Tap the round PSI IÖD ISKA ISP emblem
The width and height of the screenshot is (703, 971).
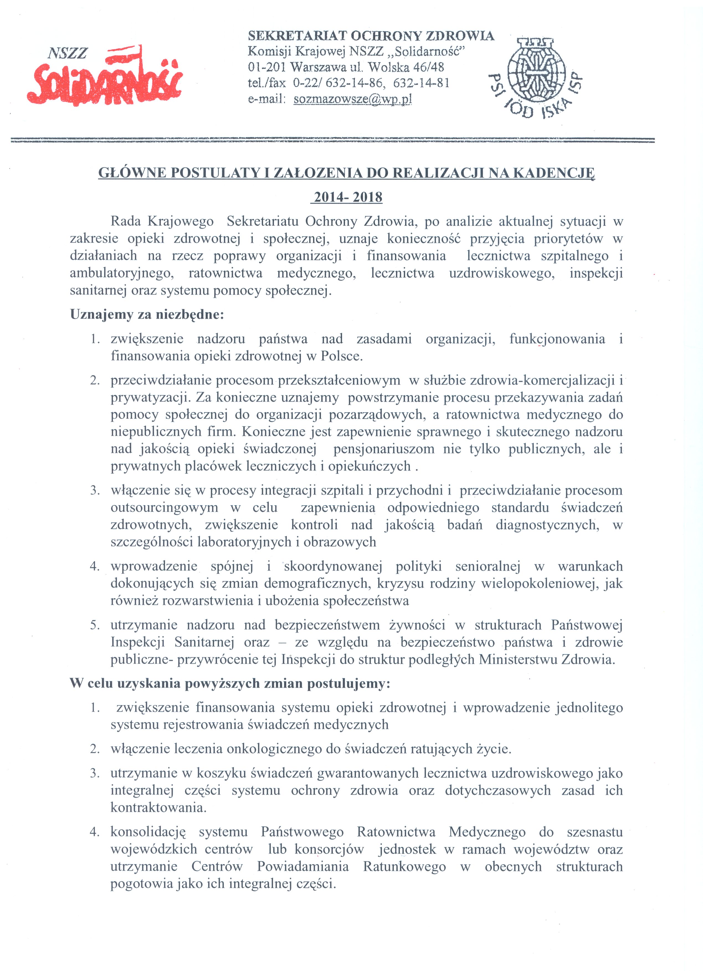click(535, 76)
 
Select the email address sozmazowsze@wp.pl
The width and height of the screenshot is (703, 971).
click(352, 99)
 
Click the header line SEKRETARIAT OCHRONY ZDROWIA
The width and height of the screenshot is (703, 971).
click(371, 36)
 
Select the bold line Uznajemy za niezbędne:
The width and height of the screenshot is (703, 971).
click(147, 315)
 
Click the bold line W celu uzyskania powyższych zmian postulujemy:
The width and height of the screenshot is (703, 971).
click(230, 683)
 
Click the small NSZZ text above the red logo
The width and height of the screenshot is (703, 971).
click(68, 53)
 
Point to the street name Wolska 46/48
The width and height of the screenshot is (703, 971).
click(406, 67)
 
